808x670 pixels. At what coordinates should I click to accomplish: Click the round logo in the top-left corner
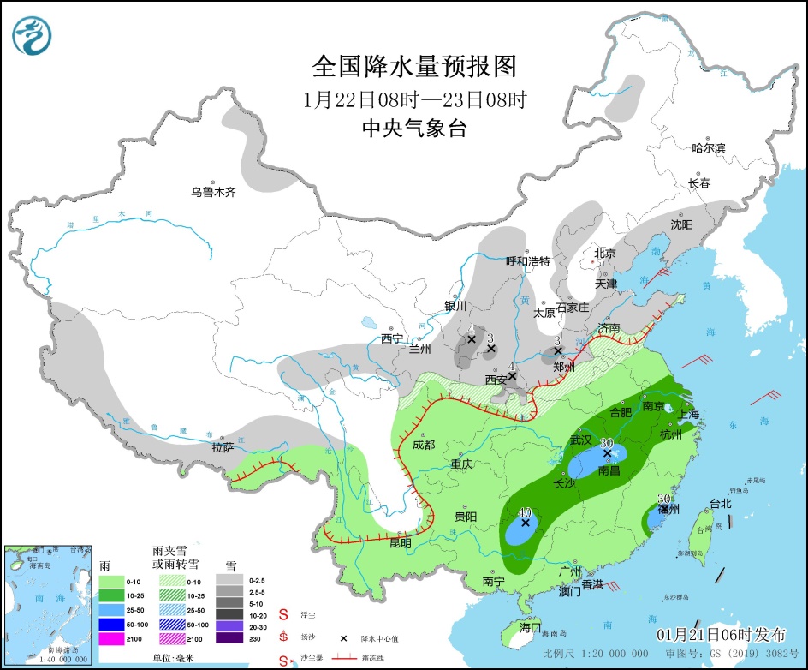[33, 35]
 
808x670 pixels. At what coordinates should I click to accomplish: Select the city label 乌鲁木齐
[213, 193]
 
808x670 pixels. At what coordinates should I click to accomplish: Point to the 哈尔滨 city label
[708, 147]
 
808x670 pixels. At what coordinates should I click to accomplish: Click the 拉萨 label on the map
[223, 448]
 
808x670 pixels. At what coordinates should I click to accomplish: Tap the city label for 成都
[423, 445]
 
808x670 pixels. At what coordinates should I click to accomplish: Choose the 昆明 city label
[400, 543]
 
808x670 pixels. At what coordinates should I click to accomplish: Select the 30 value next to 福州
[662, 499]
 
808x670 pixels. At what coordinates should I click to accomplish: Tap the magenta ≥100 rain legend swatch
[118, 637]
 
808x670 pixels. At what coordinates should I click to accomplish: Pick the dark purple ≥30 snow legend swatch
[234, 637]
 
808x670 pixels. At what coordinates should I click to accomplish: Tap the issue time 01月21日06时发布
[721, 635]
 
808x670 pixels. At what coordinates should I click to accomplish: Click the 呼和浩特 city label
[527, 260]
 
